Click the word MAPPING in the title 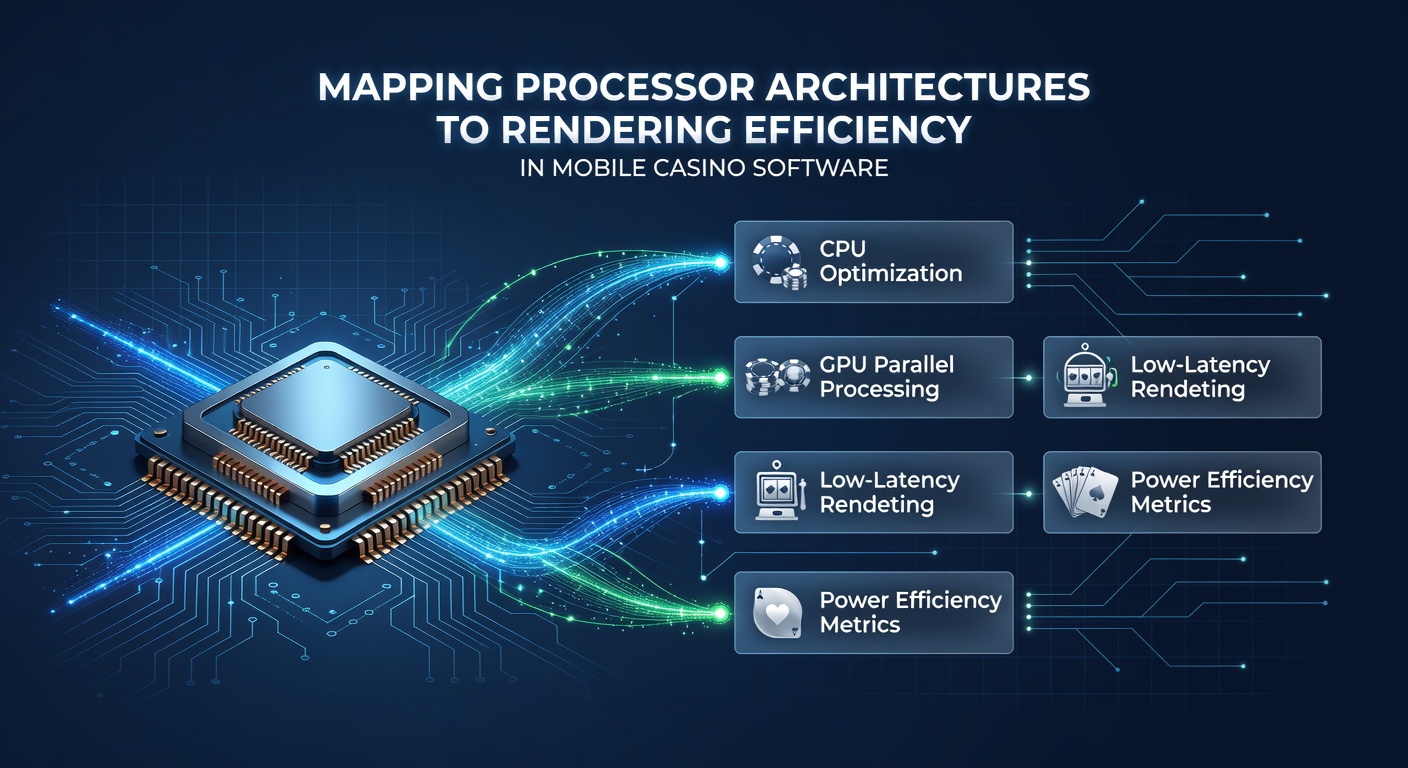(410, 87)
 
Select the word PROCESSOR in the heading (634, 87)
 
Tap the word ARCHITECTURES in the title (928, 87)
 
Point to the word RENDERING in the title (616, 129)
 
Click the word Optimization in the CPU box (891, 274)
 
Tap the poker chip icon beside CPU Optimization (779, 262)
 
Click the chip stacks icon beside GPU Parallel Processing (777, 376)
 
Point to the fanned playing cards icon (1086, 492)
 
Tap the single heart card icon (778, 613)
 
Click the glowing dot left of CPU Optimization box (721, 262)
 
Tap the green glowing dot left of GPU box (721, 378)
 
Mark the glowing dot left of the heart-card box (721, 613)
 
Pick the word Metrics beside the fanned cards (1170, 505)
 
